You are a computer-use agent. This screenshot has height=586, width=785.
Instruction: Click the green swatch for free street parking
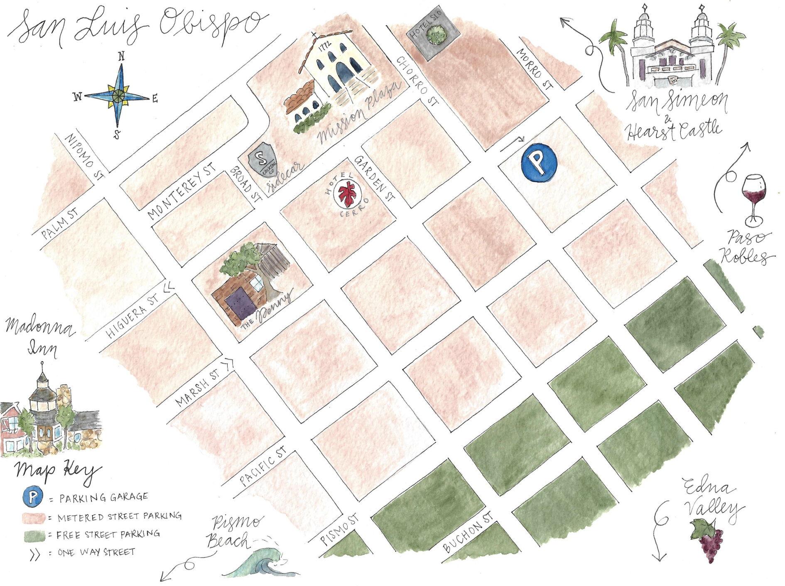click(x=33, y=535)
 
